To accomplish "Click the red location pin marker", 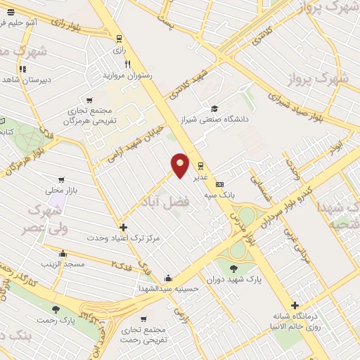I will (181, 165).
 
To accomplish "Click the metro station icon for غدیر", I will (201, 166).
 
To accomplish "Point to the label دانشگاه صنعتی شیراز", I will (219, 120).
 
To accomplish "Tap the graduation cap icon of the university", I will (214, 108).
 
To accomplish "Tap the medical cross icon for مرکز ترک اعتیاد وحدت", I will (124, 227).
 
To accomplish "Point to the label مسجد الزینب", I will (63, 264).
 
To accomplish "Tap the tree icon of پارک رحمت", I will (56, 309).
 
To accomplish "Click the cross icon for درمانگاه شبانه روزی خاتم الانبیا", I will (295, 305).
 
